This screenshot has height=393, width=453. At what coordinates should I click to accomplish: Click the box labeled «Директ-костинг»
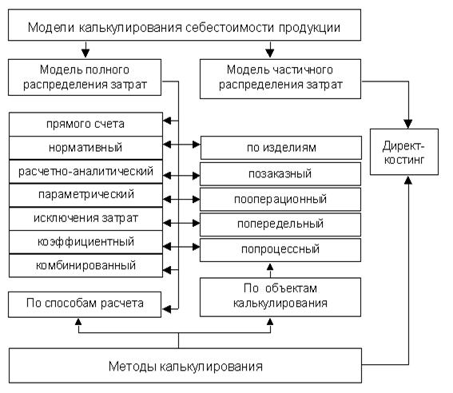(404, 152)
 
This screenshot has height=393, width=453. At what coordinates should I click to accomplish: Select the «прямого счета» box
(85, 124)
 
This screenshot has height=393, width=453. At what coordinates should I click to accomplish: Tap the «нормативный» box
(85, 148)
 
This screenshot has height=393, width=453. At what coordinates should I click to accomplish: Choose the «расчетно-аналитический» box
(85, 171)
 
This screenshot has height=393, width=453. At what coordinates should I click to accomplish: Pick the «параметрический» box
(85, 195)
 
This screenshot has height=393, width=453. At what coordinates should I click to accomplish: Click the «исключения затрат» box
(85, 219)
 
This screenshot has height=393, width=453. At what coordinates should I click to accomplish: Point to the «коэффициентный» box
(85, 242)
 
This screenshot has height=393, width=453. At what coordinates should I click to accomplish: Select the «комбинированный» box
(85, 266)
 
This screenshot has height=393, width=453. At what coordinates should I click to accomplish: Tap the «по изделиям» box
(280, 148)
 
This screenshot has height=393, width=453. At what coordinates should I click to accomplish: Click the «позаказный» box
(280, 174)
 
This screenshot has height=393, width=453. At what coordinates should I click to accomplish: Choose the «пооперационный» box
(280, 199)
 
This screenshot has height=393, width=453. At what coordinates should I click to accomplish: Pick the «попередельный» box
(280, 224)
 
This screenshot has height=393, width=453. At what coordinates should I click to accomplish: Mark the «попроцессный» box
(280, 250)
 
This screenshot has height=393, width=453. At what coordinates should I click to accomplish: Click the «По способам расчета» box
(85, 304)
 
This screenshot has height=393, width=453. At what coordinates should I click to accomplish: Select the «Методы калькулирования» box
(185, 366)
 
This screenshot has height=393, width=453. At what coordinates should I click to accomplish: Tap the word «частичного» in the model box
(304, 69)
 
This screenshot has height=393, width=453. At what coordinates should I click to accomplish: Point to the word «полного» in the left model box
(108, 69)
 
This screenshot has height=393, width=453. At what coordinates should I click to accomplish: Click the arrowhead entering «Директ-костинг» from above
(408, 124)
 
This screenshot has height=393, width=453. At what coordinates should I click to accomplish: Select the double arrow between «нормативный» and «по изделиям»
(181, 144)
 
